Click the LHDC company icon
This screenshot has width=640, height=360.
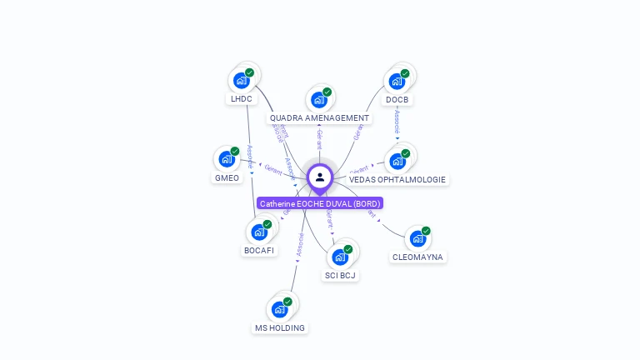click(241, 80)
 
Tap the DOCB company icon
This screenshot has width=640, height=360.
click(397, 81)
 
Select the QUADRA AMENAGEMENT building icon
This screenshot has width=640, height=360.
click(318, 100)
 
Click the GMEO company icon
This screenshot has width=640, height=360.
click(226, 158)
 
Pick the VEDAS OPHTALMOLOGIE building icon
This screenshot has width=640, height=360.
click(397, 160)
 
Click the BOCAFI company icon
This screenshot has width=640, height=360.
click(258, 231)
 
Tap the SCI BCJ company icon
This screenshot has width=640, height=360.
click(339, 256)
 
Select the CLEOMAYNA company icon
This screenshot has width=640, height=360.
click(417, 238)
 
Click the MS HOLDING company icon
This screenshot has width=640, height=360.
click(279, 309)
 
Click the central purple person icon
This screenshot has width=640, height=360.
click(320, 177)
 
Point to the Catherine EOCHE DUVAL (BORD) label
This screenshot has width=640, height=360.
click(320, 203)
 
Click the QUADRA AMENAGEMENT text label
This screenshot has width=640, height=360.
click(319, 118)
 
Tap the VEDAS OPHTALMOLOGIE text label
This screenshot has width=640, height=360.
click(397, 179)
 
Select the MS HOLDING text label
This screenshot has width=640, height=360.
click(280, 328)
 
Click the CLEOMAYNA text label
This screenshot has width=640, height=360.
click(417, 257)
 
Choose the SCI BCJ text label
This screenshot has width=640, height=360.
click(340, 275)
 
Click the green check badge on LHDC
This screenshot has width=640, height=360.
click(249, 72)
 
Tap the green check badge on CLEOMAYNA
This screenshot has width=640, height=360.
click(426, 231)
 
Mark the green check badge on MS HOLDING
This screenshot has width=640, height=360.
click(287, 302)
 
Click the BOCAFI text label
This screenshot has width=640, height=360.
click(259, 250)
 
